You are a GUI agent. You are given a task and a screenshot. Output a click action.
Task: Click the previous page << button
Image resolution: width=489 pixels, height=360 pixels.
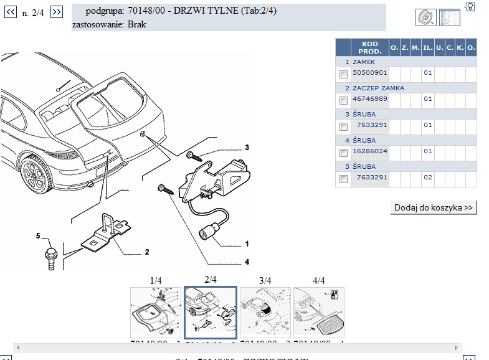tap(9, 12)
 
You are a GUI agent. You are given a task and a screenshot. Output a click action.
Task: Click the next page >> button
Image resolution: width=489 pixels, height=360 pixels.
tap(56, 12)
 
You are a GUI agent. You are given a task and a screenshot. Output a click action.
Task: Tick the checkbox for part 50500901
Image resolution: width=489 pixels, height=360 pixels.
tap(343, 74)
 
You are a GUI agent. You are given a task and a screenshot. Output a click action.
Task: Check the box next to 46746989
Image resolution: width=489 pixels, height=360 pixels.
tap(343, 100)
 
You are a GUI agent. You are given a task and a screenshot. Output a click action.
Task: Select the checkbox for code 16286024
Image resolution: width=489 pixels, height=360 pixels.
tap(343, 153)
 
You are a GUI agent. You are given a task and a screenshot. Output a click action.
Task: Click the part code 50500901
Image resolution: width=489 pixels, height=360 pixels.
tap(370, 73)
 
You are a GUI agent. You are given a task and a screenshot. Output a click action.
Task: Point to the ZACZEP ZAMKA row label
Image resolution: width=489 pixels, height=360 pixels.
tap(378, 88)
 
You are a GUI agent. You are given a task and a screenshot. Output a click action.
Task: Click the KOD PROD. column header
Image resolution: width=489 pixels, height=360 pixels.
tap(369, 47)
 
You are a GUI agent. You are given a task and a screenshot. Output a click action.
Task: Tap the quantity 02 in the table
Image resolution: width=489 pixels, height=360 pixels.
tap(427, 178)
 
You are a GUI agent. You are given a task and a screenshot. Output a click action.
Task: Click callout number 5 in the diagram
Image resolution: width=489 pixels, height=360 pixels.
tap(37, 235)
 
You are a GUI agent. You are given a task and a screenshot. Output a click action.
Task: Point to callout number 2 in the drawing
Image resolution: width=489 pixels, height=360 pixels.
tap(146, 252)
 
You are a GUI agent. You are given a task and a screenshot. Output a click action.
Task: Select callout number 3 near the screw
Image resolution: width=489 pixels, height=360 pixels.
tap(247, 148)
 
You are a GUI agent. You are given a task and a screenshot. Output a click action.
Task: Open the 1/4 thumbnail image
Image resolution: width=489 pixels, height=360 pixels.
tap(155, 313)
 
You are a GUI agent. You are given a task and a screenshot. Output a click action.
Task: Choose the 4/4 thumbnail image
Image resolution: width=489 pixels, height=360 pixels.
tap(318, 313)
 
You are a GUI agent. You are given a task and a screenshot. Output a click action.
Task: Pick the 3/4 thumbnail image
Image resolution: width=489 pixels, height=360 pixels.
tap(264, 313)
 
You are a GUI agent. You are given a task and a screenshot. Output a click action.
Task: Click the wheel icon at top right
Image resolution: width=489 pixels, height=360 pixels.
tap(425, 17)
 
